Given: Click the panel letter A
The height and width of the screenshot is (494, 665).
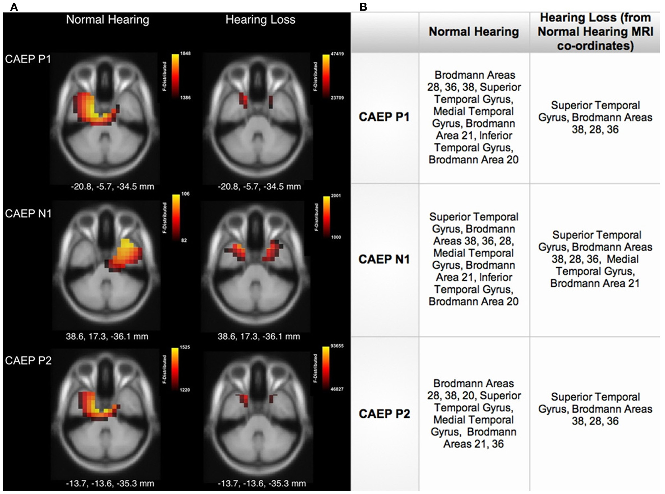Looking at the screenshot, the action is pyautogui.click(x=14, y=7).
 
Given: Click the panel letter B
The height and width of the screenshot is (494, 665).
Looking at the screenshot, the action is pyautogui.click(x=363, y=7).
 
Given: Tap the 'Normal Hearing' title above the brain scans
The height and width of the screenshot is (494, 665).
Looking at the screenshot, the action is pyautogui.click(x=107, y=20).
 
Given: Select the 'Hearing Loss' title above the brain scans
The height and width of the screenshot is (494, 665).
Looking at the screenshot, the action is pyautogui.click(x=260, y=20).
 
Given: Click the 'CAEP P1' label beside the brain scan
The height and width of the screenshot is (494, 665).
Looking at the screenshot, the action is pyautogui.click(x=28, y=59).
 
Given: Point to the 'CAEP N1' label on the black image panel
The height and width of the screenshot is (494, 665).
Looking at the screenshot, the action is pyautogui.click(x=28, y=214).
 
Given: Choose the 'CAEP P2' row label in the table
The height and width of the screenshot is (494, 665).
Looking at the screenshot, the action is pyautogui.click(x=384, y=413).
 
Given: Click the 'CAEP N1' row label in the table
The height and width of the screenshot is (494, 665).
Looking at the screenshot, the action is pyautogui.click(x=384, y=259).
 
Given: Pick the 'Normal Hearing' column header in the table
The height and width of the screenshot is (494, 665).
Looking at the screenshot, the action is pyautogui.click(x=474, y=32).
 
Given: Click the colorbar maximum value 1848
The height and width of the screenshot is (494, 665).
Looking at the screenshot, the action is pyautogui.click(x=185, y=53).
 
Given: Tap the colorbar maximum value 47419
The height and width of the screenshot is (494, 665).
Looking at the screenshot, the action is pyautogui.click(x=337, y=54).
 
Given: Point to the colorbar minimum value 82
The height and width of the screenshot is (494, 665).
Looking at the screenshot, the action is pyautogui.click(x=184, y=240).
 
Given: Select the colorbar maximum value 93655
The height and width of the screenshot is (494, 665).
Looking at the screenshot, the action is pyautogui.click(x=337, y=346).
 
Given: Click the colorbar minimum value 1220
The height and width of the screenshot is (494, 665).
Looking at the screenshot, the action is pyautogui.click(x=185, y=390).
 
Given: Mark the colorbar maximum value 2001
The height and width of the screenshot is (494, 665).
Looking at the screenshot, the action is pyautogui.click(x=336, y=196).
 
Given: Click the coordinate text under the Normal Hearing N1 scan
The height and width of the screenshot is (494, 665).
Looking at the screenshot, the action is pyautogui.click(x=107, y=337).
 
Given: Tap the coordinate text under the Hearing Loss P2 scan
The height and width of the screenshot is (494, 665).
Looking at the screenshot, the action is pyautogui.click(x=262, y=483).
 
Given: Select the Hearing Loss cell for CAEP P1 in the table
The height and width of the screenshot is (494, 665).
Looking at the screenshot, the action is pyautogui.click(x=595, y=117).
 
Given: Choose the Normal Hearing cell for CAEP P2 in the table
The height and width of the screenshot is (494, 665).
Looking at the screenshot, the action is pyautogui.click(x=474, y=413).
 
